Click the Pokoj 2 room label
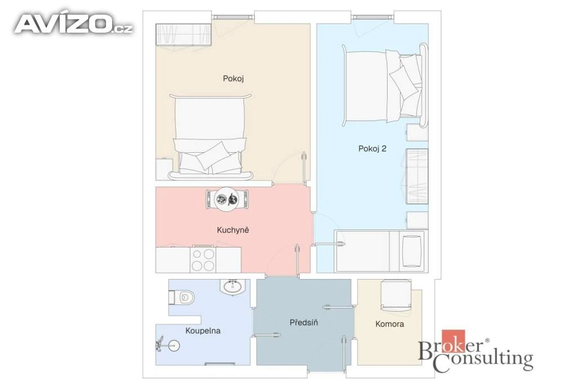372,149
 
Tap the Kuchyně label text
233,230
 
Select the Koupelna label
203,330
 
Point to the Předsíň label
304,322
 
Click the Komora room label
390,324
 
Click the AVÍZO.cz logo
74,24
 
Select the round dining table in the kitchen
227,199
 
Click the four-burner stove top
203,259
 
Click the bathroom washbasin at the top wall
233,287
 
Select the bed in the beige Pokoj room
211,137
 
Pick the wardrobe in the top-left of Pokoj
184,34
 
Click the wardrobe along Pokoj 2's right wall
417,176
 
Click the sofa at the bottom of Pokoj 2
381,251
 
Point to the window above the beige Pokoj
233,16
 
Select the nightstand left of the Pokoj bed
165,169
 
